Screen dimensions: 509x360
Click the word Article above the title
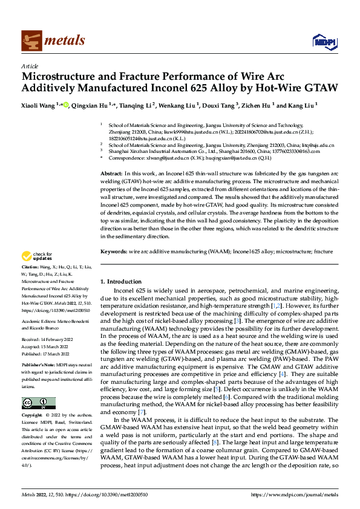(30, 66)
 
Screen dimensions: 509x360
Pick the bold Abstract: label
(112, 173)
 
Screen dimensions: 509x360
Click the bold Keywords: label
(114, 250)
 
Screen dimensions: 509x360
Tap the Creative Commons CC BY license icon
(38, 403)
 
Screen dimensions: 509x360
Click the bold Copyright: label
(32, 416)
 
